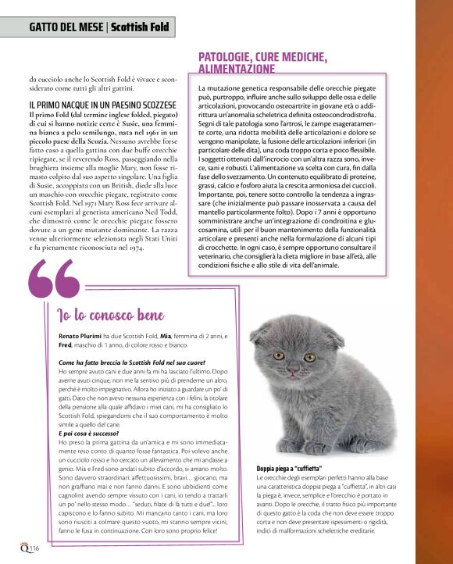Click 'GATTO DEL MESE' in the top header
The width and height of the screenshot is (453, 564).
tap(66, 27)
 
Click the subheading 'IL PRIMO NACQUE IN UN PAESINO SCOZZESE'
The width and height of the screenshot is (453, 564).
tap(102, 104)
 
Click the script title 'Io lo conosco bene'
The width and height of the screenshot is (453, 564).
tap(111, 316)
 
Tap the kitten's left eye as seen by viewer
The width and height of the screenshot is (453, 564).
tap(278, 355)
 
